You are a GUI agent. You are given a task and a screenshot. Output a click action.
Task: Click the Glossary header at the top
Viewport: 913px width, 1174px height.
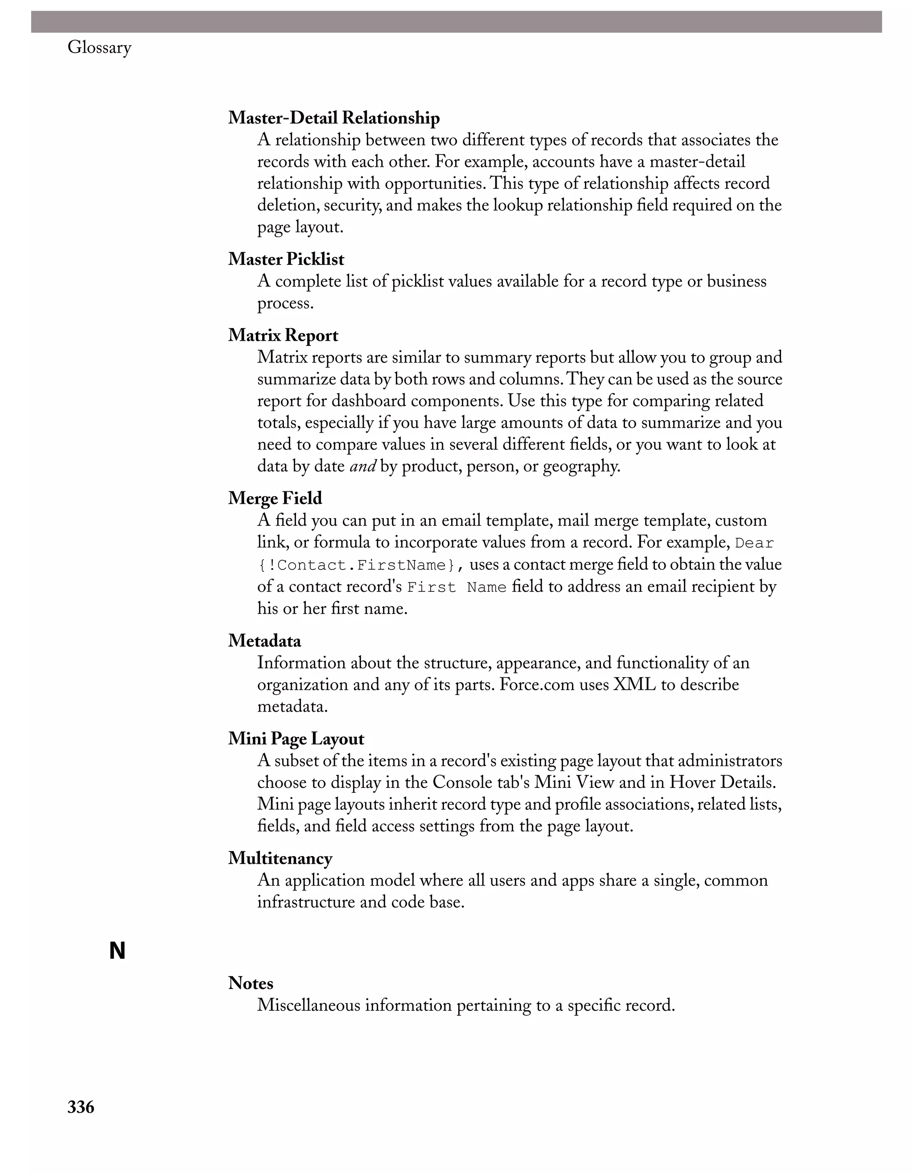pos(99,48)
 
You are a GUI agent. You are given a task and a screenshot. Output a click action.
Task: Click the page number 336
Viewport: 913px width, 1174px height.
pos(81,1107)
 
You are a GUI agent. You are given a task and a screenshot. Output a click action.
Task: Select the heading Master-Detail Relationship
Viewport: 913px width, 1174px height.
pos(334,118)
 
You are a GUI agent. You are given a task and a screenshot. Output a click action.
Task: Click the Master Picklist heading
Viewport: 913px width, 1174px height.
pos(286,259)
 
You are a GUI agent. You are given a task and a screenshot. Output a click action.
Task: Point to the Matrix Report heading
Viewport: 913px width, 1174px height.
pos(283,335)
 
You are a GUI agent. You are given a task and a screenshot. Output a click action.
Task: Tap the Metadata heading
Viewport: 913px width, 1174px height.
pos(264,640)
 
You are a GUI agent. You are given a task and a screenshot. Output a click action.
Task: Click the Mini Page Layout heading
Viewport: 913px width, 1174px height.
pos(296,738)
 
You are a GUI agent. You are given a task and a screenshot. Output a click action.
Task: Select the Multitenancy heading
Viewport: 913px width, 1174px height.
pos(280,858)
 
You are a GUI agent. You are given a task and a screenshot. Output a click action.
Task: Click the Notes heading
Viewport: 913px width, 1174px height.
pos(251,983)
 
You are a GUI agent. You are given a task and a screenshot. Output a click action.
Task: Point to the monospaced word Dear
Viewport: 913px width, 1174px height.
pos(754,543)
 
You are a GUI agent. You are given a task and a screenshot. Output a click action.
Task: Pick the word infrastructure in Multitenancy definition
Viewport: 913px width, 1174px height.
pos(306,902)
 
